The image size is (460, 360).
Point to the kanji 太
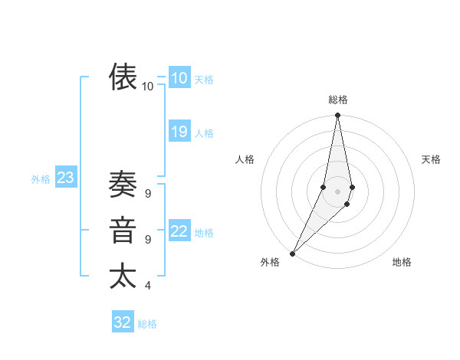click(123, 276)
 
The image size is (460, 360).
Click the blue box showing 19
click(179, 132)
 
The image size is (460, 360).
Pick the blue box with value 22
click(179, 231)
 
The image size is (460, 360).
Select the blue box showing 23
click(65, 178)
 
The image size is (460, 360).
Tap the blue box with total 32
click(123, 322)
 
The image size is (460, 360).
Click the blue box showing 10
click(179, 78)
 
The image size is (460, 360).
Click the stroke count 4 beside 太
click(147, 286)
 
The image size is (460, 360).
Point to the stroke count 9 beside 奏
click(147, 194)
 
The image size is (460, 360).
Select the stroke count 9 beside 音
click(147, 240)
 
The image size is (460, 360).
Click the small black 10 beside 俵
click(148, 87)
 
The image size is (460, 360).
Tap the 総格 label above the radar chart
click(337, 100)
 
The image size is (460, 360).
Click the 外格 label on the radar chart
click(270, 262)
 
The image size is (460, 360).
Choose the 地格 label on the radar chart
click(402, 262)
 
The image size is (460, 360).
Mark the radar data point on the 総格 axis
click(337, 116)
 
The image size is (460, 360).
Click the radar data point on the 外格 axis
click(292, 253)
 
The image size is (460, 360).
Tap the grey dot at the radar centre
click(337, 191)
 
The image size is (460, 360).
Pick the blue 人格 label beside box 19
click(204, 133)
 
